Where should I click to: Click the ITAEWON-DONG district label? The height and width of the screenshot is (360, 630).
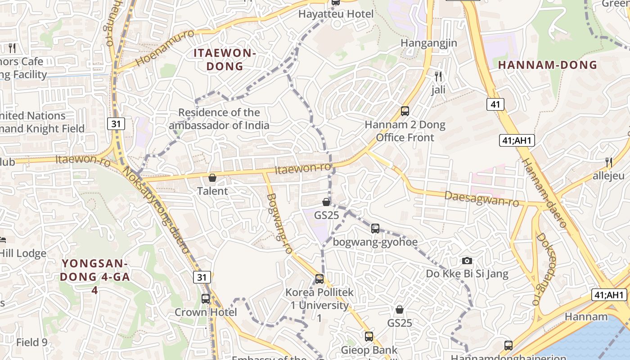point(225,59)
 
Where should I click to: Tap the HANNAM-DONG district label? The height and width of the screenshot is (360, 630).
point(548,65)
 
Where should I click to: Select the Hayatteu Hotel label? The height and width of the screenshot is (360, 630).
point(336,14)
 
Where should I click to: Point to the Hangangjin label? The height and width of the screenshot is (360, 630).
point(429,43)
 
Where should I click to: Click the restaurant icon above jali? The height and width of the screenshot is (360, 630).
point(438,76)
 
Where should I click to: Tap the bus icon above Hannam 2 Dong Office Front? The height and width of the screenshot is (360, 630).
point(405,111)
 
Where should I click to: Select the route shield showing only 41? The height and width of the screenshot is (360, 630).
point(495,104)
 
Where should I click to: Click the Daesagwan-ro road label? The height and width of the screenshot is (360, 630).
point(481,198)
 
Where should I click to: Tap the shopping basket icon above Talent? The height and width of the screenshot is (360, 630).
point(212,178)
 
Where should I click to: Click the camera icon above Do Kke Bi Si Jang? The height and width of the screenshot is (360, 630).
point(467,261)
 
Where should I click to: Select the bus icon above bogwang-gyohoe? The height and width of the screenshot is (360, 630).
point(375,229)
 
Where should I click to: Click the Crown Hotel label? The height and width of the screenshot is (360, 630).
point(206,312)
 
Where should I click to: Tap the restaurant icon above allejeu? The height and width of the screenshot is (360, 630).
point(608,162)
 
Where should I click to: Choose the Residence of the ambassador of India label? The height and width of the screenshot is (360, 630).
point(219,119)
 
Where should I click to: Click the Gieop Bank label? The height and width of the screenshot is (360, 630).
point(369,350)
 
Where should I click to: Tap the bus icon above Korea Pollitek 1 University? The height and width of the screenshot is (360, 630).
point(319,279)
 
